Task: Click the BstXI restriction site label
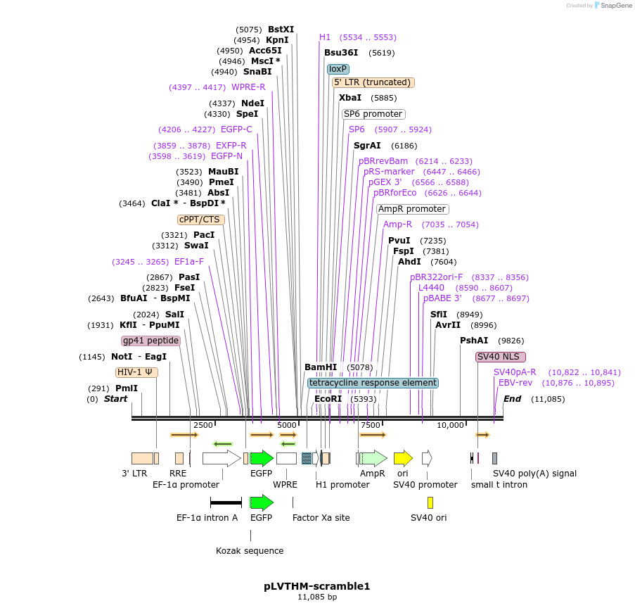(281, 29)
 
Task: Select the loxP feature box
(338, 69)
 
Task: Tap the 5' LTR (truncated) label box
(373, 82)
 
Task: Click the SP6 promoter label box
(373, 114)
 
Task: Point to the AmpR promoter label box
(412, 209)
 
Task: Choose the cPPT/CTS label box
(200, 220)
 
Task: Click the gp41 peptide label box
(150, 341)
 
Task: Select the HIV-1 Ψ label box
(136, 372)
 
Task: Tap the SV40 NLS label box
(501, 357)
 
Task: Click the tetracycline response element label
(373, 383)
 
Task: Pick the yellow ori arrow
(403, 458)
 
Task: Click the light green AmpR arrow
(373, 458)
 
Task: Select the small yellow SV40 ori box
(430, 502)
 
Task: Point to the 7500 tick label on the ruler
(371, 425)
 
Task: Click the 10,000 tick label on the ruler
(450, 425)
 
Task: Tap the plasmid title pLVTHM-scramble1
(317, 586)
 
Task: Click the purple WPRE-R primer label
(248, 87)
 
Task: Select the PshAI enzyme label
(474, 341)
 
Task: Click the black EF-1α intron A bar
(226, 503)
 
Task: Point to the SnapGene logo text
(615, 5)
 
